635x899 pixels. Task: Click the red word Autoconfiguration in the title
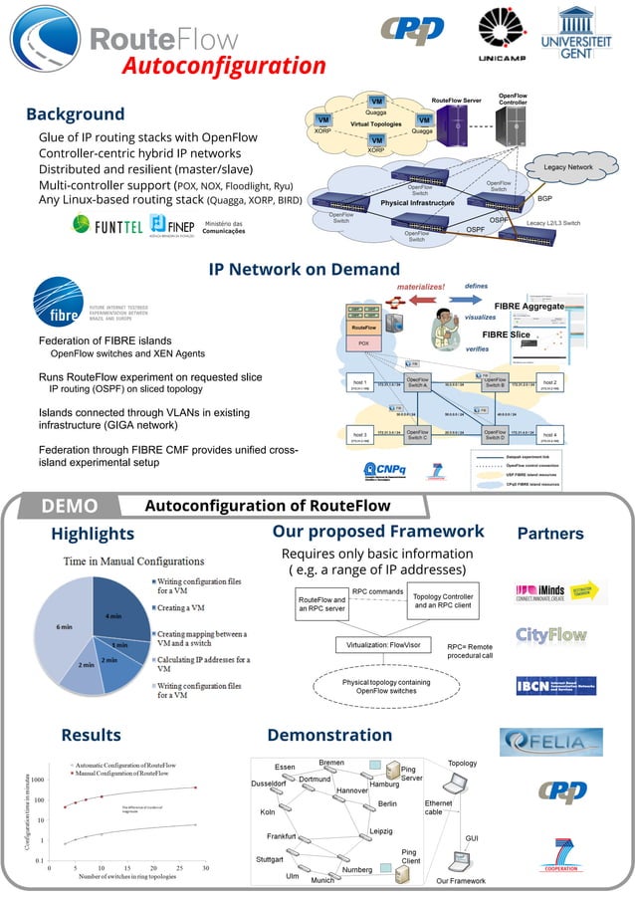224,67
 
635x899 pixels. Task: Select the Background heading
75,113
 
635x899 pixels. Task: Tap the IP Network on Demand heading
304,269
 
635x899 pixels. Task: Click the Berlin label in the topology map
387,802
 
